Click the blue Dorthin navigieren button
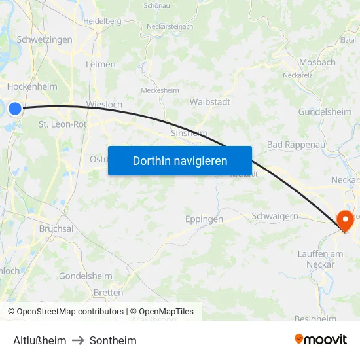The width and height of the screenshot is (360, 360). tap(180, 160)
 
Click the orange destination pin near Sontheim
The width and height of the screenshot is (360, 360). tap(345, 223)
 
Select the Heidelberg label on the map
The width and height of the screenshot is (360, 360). tap(102, 21)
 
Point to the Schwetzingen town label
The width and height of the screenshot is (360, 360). tap(45, 39)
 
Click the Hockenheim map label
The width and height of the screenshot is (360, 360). tap(32, 86)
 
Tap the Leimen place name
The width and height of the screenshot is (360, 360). tap(101, 64)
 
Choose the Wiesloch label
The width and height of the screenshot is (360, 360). tap(104, 104)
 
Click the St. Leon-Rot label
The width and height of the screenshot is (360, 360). tap(63, 124)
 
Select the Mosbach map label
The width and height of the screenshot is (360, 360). tap(317, 63)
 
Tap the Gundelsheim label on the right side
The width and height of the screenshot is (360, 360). tap(325, 112)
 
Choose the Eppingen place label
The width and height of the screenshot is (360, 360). tap(204, 219)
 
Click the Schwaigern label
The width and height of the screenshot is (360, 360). tap(275, 216)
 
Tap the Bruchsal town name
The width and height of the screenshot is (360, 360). tap(56, 228)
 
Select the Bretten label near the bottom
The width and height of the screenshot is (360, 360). tap(108, 293)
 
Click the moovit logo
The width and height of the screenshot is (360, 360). tap(321, 340)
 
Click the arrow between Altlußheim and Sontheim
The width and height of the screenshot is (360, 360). tap(78, 340)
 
